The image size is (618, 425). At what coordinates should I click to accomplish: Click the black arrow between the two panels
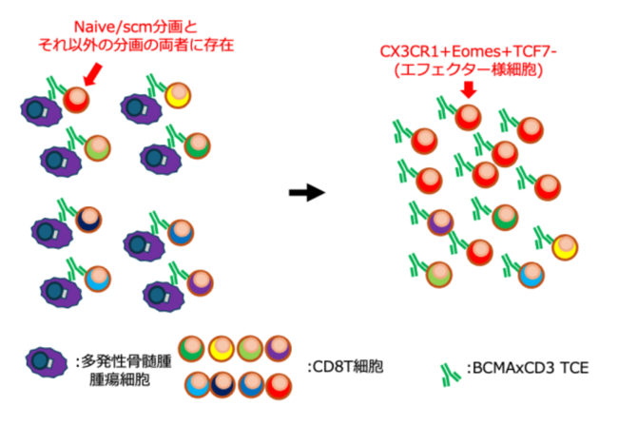(x=307, y=193)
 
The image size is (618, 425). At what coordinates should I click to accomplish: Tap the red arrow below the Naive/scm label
(x=94, y=74)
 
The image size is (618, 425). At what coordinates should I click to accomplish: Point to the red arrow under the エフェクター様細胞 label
(x=469, y=89)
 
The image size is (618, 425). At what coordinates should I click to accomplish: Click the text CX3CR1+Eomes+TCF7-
(x=468, y=51)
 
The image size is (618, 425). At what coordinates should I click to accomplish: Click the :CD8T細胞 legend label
(x=345, y=367)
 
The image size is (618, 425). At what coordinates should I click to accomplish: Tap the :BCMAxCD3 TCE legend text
(x=528, y=368)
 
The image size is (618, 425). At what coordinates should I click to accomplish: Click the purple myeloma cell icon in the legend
(x=47, y=362)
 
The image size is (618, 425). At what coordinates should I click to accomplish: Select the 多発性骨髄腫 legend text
(x=126, y=361)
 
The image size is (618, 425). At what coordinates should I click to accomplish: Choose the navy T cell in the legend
(x=222, y=385)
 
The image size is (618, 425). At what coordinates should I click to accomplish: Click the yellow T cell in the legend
(x=222, y=349)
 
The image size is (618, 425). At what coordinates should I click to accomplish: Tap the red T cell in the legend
(x=279, y=386)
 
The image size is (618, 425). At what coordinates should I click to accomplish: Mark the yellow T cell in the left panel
(x=178, y=95)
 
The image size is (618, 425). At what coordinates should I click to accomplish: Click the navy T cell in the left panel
(x=88, y=220)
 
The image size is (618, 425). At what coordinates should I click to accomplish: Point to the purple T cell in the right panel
(x=440, y=222)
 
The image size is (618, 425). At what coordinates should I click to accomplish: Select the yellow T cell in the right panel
(x=565, y=247)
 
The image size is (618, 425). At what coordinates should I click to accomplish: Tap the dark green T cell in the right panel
(x=505, y=217)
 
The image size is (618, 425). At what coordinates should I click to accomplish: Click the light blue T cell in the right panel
(x=531, y=275)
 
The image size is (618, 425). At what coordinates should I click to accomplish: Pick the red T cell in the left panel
(x=76, y=100)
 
